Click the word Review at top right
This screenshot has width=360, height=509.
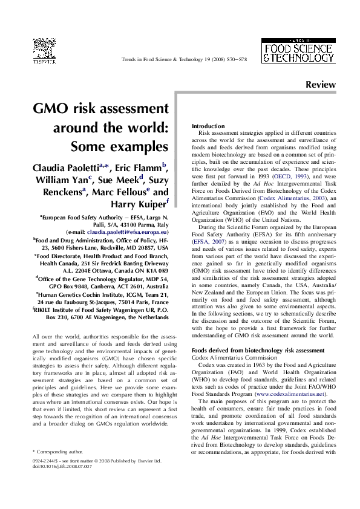(x=321, y=85)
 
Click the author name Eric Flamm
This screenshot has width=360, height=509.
(x=141, y=167)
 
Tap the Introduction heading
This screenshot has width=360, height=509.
(x=208, y=125)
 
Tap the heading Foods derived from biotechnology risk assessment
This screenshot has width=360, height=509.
(x=258, y=349)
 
